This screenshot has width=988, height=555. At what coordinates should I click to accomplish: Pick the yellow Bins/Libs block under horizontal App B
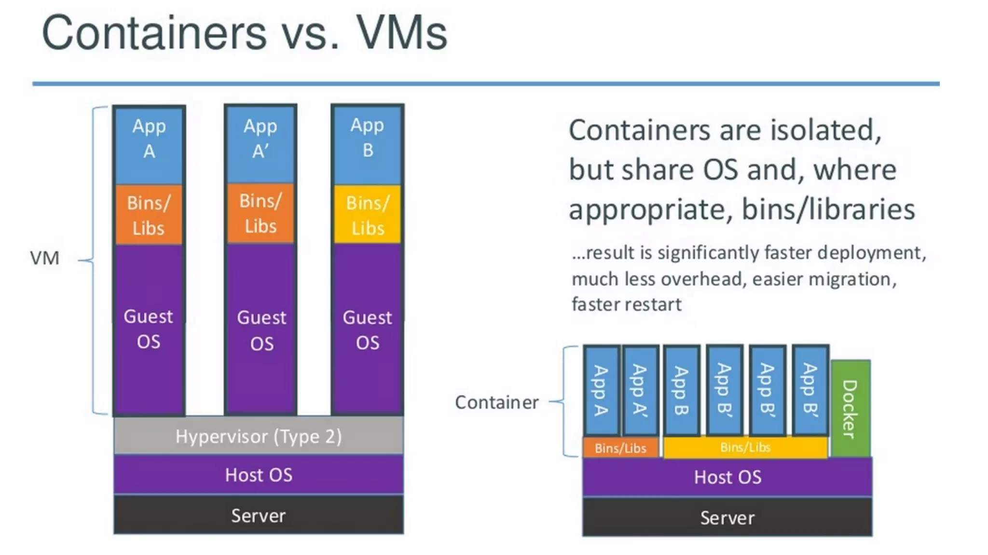[368, 214]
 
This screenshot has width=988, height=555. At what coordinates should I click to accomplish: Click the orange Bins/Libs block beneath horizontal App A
[149, 214]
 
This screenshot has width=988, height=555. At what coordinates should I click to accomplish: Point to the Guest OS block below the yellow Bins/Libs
[368, 329]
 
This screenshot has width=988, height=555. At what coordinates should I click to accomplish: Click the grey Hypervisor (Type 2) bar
[259, 436]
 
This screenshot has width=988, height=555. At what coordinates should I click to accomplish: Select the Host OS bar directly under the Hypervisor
[259, 475]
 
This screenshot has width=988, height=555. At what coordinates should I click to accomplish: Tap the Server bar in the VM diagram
[259, 515]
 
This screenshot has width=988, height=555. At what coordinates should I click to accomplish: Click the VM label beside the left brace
[44, 258]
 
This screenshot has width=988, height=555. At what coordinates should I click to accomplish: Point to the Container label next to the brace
[496, 402]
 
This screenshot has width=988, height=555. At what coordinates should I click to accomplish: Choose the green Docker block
[851, 408]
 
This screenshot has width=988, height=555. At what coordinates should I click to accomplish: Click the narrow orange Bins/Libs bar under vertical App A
[620, 448]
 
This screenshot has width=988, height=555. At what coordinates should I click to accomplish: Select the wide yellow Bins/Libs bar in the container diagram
[745, 447]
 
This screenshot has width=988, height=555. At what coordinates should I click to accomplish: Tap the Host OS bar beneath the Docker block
[727, 477]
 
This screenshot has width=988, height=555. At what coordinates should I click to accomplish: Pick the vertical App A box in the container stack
[601, 390]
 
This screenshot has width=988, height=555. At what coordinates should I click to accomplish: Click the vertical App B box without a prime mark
[681, 390]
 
